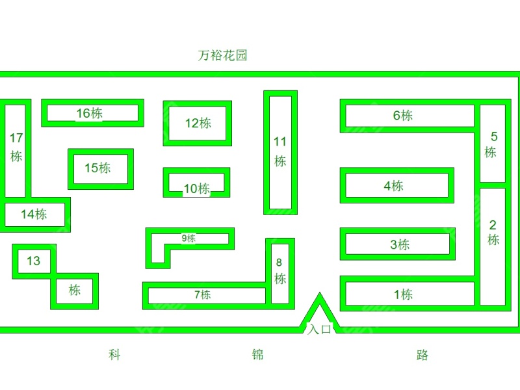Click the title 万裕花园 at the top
pos(222,55)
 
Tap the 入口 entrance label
pos(319,329)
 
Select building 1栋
pos(403,294)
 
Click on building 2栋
pos(493,233)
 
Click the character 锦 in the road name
pos(257,355)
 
